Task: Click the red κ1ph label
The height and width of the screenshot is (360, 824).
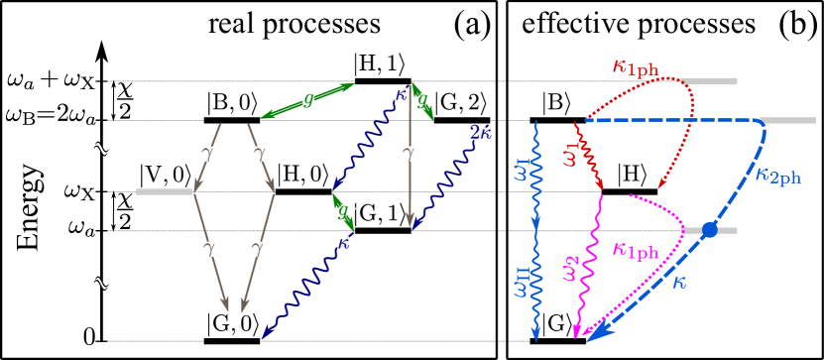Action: tap(635, 68)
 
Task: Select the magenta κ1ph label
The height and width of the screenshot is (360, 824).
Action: tap(635, 251)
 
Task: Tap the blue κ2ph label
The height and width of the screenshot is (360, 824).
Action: tap(777, 177)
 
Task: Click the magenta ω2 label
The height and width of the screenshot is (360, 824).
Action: tap(570, 267)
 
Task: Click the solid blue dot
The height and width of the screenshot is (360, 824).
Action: tap(709, 230)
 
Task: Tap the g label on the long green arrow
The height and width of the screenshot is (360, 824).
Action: tap(308, 99)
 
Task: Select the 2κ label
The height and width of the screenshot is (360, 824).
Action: tap(480, 133)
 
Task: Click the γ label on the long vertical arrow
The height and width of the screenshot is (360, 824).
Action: tap(409, 153)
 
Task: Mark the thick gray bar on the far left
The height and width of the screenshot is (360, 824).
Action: tap(164, 191)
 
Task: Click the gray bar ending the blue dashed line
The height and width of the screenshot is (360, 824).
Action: tap(789, 121)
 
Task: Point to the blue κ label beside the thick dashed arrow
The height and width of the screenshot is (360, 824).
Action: tap(679, 283)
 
